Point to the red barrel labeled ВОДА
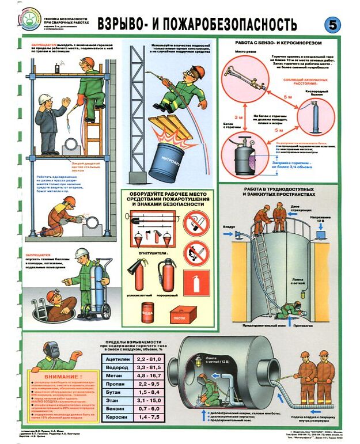point(149,313)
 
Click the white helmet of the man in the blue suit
point(46,98)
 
